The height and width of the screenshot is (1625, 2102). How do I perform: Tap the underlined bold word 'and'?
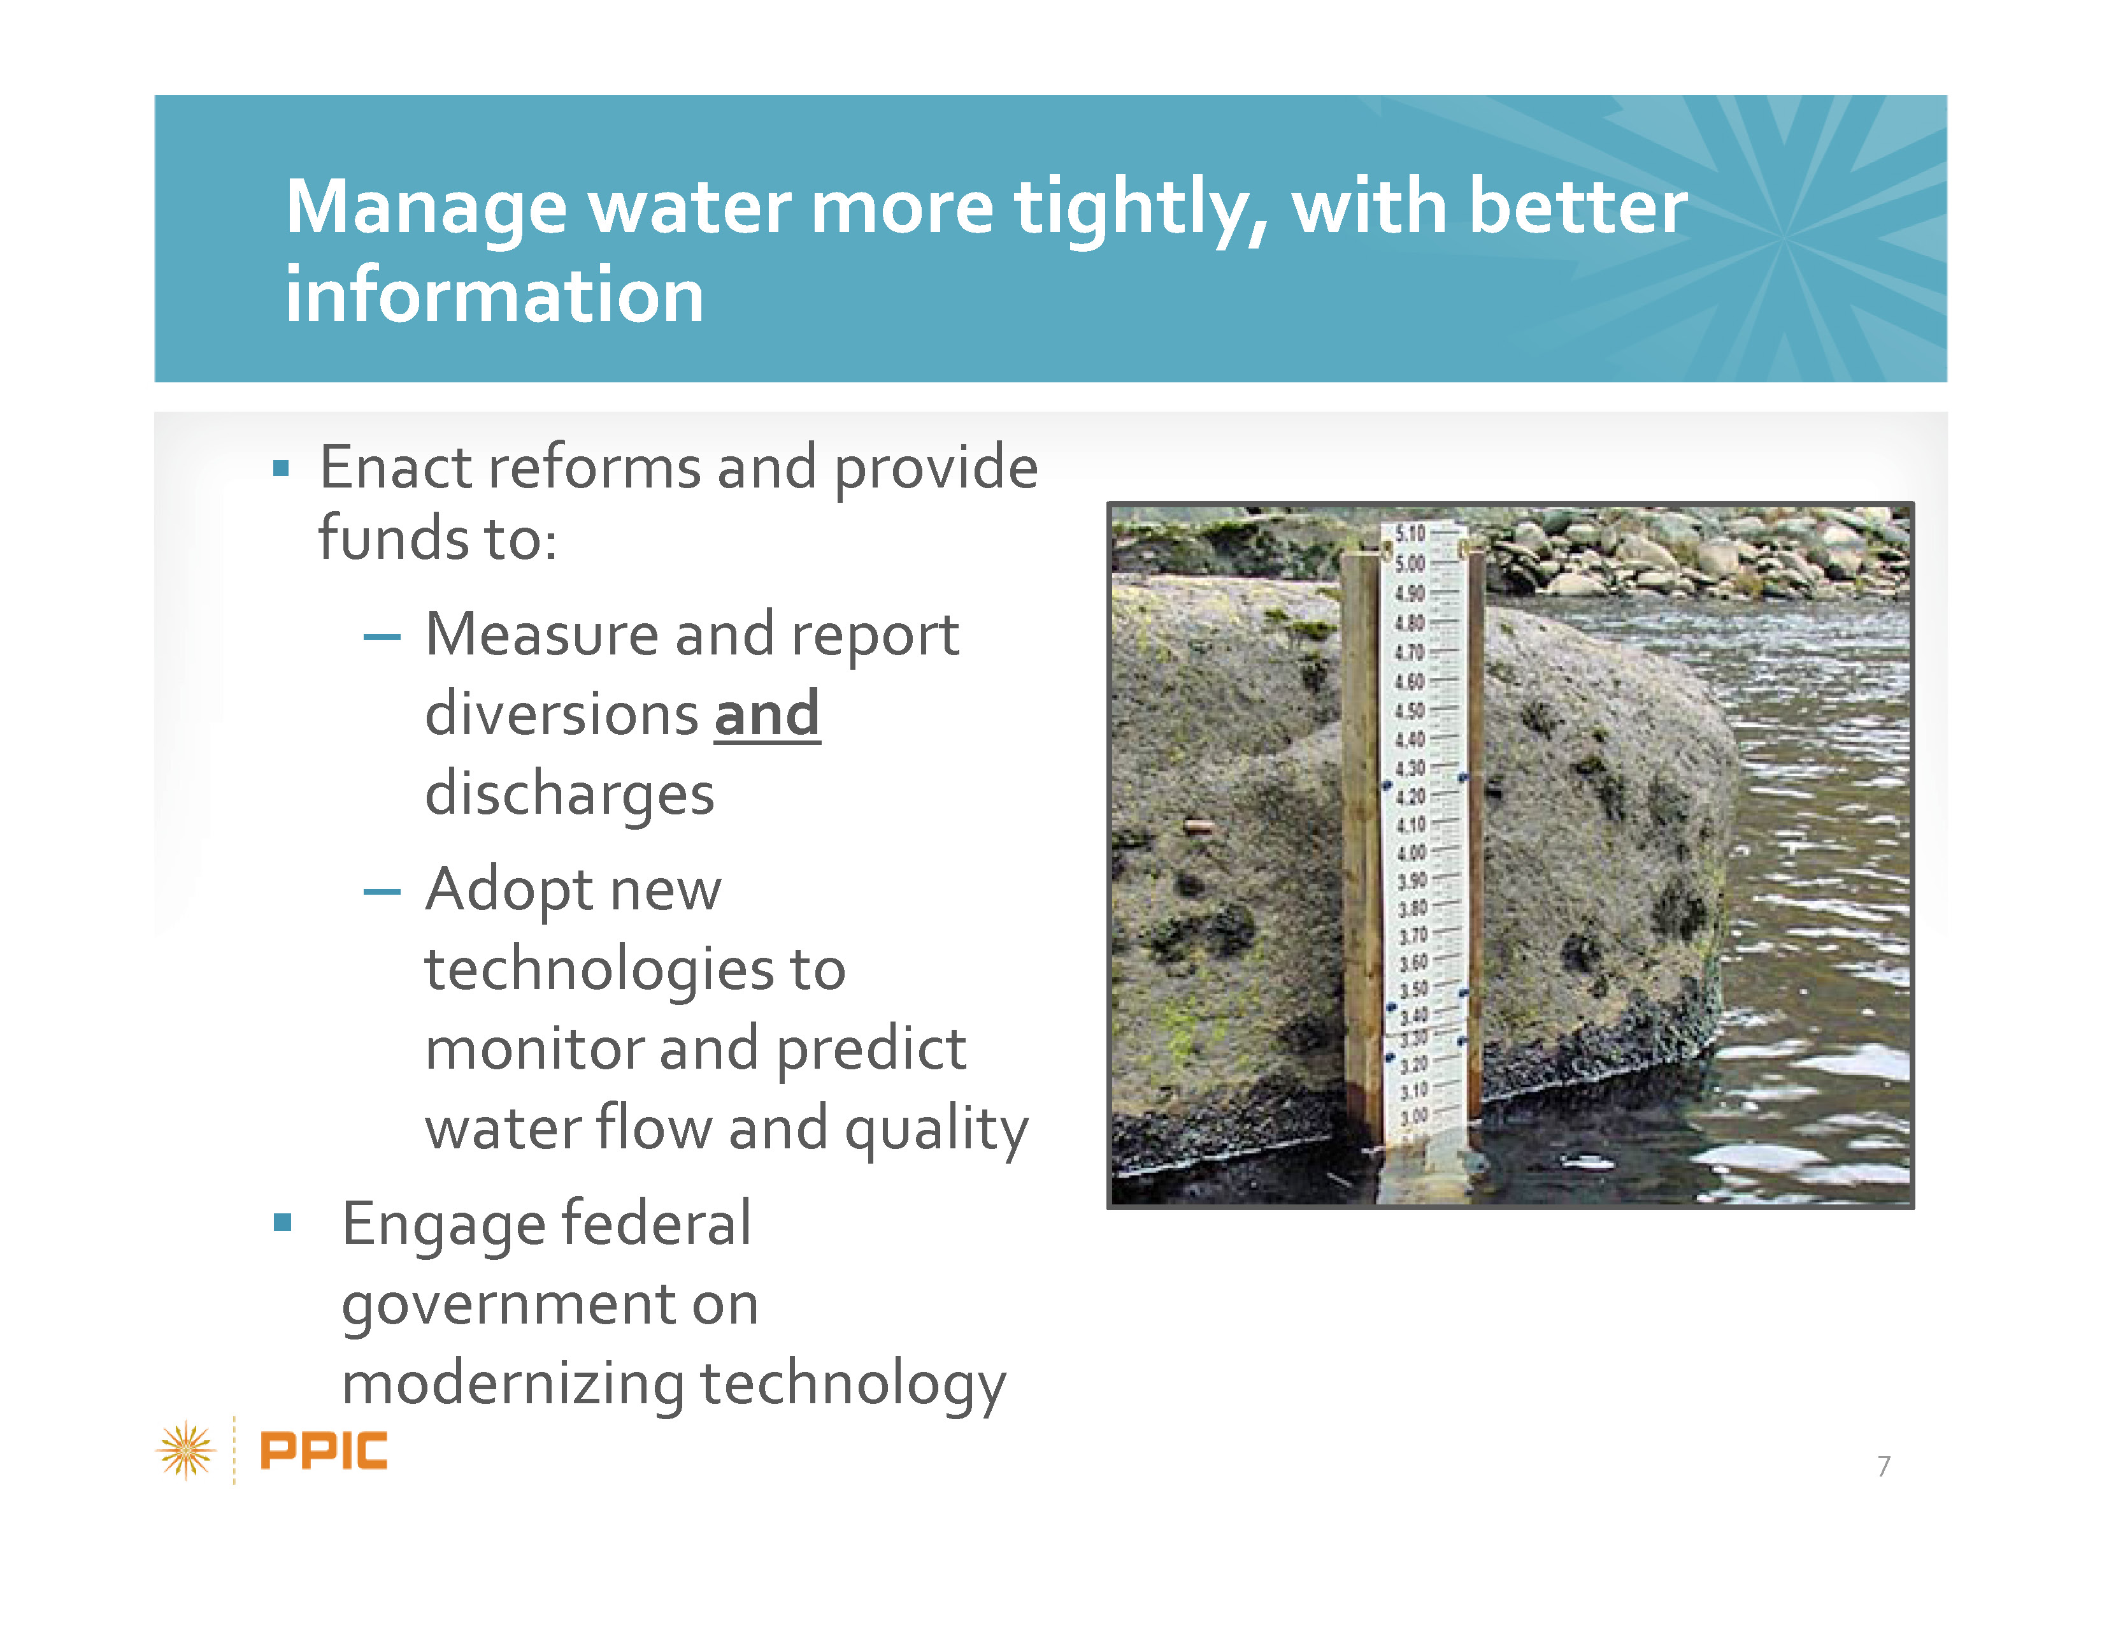pos(766,714)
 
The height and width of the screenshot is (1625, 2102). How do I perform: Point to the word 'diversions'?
pos(562,714)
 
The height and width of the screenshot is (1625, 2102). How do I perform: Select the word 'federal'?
pos(656,1224)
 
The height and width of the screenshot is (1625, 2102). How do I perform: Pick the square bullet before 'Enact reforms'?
pos(281,469)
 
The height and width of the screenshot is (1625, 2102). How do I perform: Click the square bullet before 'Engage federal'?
pos(282,1223)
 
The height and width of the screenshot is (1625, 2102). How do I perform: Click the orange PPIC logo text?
pos(324,1451)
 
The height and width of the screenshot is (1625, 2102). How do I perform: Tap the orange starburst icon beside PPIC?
pos(186,1450)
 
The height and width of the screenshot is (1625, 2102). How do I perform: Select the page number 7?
pos(1884,1466)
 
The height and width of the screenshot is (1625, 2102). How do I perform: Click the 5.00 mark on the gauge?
pos(1410,563)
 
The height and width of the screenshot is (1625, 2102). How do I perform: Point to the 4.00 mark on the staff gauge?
pos(1411,853)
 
